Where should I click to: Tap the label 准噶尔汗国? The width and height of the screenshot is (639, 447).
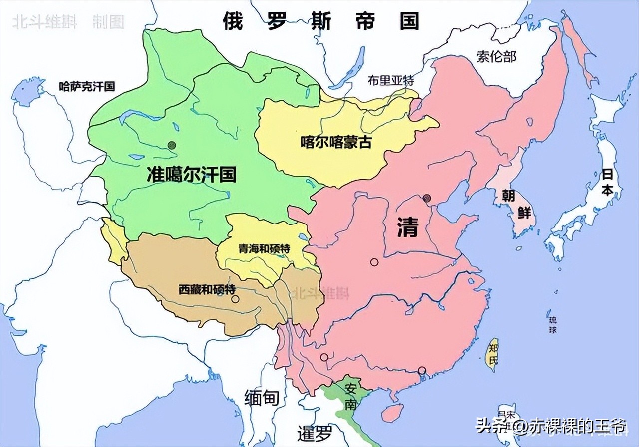pos(191,174)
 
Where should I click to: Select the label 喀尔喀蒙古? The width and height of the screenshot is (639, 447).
pos(336,142)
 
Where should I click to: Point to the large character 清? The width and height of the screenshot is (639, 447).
pos(407,226)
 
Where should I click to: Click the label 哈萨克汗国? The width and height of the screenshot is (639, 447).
pos(87,86)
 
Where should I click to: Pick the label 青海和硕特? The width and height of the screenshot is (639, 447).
pos(264,249)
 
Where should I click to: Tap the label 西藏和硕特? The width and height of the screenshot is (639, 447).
pos(207,289)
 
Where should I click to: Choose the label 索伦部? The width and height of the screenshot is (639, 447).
pos(496,56)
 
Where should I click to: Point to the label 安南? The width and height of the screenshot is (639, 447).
pos(351,396)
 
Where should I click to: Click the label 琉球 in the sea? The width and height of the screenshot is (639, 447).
pos(552,324)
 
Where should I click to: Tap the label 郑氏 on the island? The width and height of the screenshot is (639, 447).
pos(494,354)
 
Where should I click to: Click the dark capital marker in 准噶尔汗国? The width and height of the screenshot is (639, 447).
pos(172,145)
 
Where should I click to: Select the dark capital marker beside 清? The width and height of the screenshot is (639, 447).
pos(427,198)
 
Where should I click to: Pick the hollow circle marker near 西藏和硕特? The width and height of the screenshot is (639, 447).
pos(235,299)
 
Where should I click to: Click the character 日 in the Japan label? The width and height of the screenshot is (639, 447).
pos(607,175)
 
